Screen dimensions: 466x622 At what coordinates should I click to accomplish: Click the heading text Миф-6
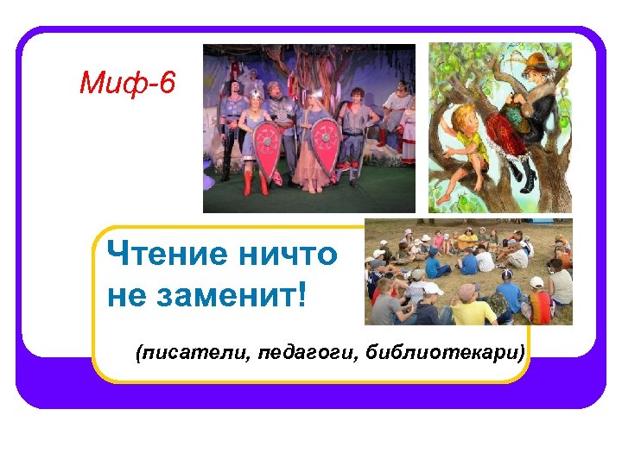point(127,83)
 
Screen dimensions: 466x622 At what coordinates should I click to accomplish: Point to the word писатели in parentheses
point(192,353)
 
